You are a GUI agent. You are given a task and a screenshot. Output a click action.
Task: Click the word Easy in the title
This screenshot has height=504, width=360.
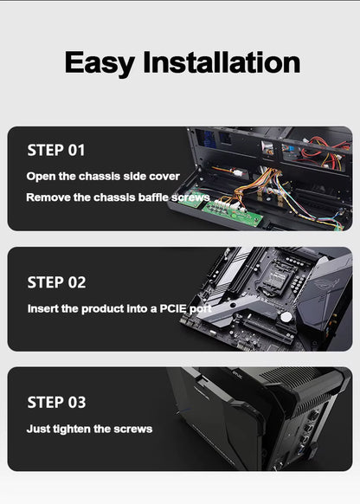[100, 63]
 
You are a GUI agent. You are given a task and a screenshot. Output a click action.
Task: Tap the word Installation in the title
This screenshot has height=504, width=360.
[222, 62]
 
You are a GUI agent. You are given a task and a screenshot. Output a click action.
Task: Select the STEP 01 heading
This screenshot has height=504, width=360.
[56, 150]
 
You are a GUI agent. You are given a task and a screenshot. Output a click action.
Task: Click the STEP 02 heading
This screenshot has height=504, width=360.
[56, 282]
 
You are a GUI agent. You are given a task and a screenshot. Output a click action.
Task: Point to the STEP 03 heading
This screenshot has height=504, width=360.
[56, 402]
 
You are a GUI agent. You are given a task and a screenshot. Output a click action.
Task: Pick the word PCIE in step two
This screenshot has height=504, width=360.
[173, 308]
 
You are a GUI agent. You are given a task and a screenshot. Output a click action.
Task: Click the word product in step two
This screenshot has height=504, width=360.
[102, 309]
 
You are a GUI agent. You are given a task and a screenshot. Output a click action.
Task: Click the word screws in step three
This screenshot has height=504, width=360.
[132, 430]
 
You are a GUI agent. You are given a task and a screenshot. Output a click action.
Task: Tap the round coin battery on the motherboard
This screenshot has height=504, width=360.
[286, 317]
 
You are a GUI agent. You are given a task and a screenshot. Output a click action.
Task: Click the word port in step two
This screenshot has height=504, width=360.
[201, 309]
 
